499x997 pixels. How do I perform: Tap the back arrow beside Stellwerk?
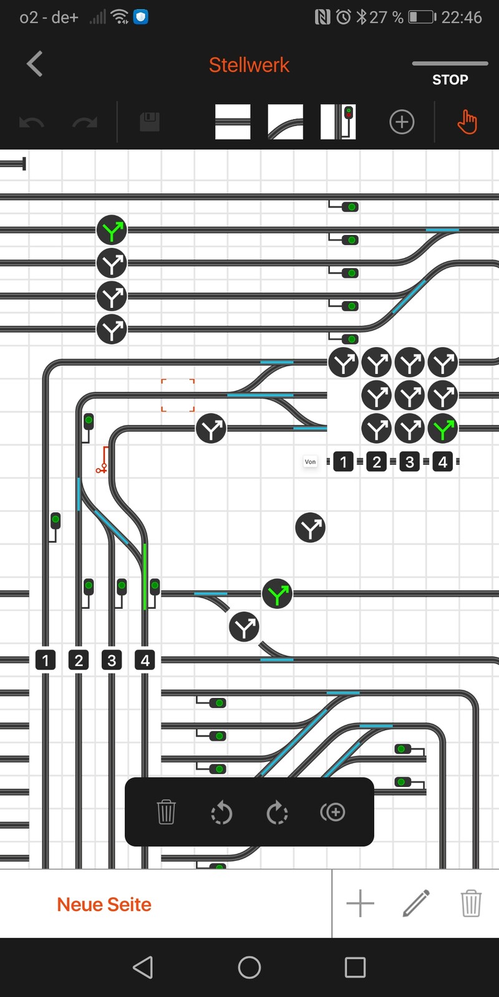pos(34,64)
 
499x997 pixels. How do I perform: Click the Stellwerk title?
pos(249,65)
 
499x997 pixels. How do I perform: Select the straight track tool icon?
pos(233,122)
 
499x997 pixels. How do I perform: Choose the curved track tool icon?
pos(285,122)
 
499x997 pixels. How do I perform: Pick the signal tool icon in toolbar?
pos(338,122)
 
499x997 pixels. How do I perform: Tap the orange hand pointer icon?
pos(467,122)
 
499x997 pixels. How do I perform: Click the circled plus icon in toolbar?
pos(402,122)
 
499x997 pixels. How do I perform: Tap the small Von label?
pos(310,462)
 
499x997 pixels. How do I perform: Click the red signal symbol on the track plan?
pos(103,460)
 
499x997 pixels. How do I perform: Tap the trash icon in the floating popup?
pos(166,813)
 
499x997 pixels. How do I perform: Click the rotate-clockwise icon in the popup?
pos(277,813)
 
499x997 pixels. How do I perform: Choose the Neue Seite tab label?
pos(104,905)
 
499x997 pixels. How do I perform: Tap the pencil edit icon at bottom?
pos(416,904)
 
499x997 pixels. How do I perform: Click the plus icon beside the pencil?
pos(360,904)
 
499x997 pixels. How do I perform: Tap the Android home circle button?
pos(249,967)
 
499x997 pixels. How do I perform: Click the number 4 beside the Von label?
pos(443,462)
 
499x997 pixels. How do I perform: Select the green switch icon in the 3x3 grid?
pos(443,429)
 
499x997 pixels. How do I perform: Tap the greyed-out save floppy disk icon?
pos(150,122)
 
